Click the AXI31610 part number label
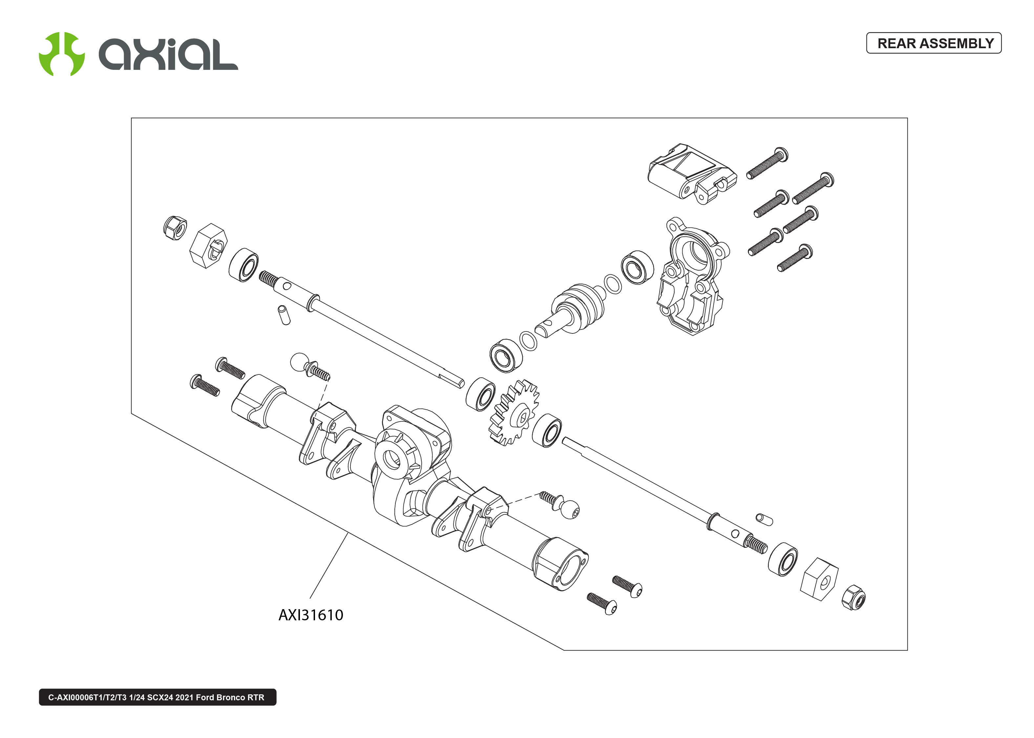point(310,615)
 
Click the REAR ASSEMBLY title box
point(934,43)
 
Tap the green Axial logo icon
point(61,54)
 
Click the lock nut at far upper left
point(175,228)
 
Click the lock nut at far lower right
point(853,598)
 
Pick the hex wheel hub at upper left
point(208,246)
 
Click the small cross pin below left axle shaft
point(284,315)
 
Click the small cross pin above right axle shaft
point(764,519)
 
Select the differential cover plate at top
point(691,173)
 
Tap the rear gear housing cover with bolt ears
point(691,277)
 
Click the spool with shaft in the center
point(574,309)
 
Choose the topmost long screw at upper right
point(767,163)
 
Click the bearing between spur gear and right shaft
point(547,430)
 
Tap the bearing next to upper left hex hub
point(243,265)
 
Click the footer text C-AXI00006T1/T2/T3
point(157,697)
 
